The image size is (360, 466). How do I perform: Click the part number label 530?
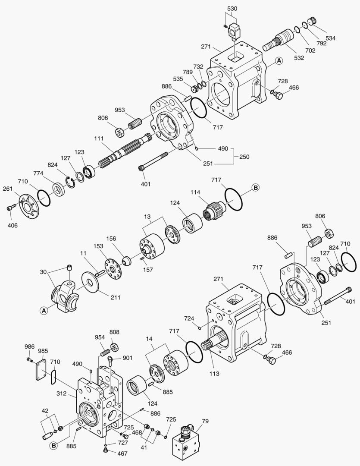232,9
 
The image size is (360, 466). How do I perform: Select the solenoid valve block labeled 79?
187,441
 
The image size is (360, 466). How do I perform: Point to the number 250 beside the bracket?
244,157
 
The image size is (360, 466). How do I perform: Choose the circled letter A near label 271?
279,61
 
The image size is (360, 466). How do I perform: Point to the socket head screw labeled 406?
10,208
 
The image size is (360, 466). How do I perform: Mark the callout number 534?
330,38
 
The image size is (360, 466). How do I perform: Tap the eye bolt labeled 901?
112,358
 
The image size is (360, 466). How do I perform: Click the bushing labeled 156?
128,261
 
